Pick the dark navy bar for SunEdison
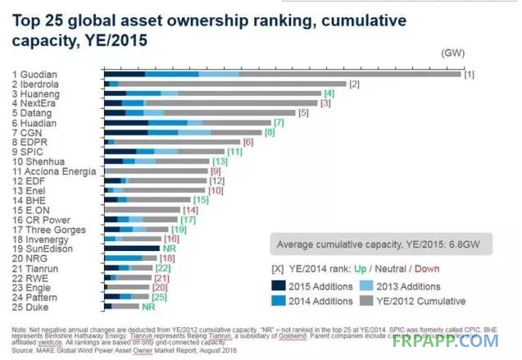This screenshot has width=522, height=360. (132, 248)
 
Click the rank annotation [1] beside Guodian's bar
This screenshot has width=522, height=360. (470, 75)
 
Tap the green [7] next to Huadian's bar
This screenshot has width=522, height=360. (279, 123)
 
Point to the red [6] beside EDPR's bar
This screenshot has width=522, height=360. (248, 142)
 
